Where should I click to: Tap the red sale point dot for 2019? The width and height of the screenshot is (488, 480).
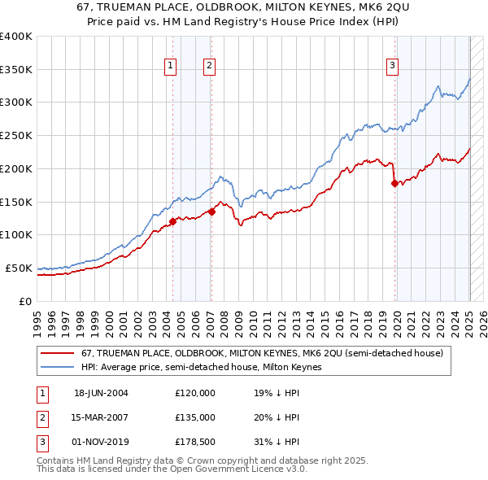point(395,183)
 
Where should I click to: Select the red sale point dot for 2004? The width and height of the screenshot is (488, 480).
point(173,221)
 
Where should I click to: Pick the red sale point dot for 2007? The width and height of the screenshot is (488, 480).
point(211,212)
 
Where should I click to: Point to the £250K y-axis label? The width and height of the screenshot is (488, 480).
point(15,135)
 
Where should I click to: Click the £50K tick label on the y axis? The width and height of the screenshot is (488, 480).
point(19,268)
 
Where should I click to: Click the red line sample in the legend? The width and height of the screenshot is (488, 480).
point(58,354)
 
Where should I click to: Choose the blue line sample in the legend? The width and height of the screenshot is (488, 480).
point(58,368)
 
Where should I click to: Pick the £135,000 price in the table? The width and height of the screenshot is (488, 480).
point(194,417)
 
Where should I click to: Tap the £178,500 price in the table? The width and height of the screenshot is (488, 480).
point(194,442)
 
